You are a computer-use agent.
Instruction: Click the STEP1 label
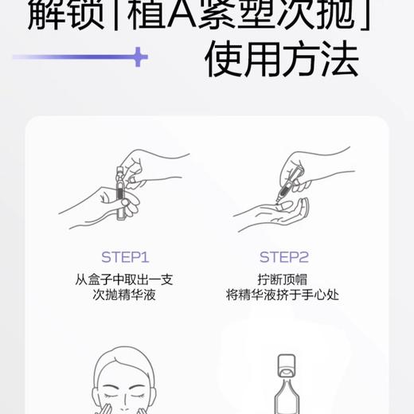[x=125, y=257]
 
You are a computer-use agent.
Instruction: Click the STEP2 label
[x=283, y=257]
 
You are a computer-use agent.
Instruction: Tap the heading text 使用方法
[x=281, y=61]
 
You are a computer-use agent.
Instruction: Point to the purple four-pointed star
[x=139, y=57]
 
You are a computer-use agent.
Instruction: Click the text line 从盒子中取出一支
[x=125, y=279]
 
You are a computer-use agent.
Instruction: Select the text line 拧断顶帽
[x=283, y=279]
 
